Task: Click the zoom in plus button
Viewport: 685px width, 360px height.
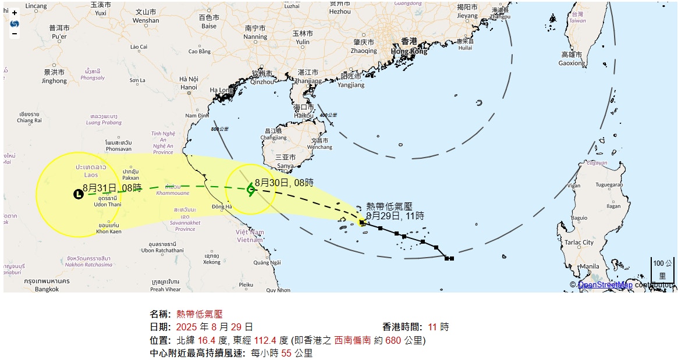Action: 15,13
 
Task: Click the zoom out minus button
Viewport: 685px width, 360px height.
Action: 15,34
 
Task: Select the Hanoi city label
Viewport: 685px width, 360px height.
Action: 189,83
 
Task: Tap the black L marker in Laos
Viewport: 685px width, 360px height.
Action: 79,194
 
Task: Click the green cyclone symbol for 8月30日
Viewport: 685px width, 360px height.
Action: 251,189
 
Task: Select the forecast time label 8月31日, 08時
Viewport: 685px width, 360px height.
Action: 112,188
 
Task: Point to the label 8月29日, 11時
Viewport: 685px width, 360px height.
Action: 395,216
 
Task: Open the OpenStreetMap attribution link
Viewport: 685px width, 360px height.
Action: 605,285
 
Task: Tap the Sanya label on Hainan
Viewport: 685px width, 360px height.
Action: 285,162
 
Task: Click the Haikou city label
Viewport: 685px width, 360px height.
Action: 304,111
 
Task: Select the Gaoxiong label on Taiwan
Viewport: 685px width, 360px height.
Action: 572,59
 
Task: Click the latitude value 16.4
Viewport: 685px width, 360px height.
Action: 207,340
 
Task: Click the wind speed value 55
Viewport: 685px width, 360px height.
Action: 286,353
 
